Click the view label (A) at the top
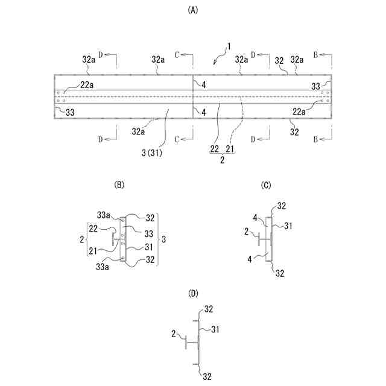click(x=193, y=10)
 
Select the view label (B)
click(x=119, y=185)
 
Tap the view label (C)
click(x=266, y=185)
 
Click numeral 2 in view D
click(x=174, y=332)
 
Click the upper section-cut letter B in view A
click(x=315, y=55)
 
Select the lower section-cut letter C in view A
click(x=177, y=139)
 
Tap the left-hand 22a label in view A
click(x=87, y=85)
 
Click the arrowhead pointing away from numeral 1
click(x=216, y=63)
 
